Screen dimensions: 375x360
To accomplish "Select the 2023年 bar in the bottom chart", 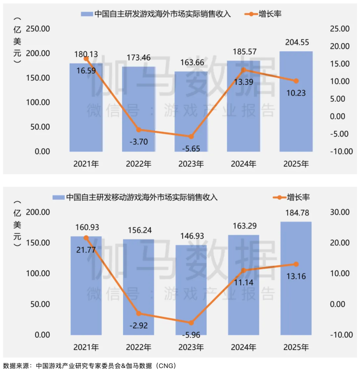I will (191, 290).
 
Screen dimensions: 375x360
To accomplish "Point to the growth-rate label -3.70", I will (138, 141).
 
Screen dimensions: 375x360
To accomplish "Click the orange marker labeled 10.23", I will (296, 81).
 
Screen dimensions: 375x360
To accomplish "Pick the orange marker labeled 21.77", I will (86, 238).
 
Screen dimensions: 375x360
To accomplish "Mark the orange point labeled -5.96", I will (191, 323).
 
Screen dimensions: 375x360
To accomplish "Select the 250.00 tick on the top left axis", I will (38, 29).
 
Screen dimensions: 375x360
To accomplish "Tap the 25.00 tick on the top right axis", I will (340, 29).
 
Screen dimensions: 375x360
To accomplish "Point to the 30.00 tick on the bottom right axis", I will (340, 212).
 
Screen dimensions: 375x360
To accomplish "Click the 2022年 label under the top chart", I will (138, 164).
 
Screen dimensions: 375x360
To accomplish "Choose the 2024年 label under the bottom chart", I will (243, 347).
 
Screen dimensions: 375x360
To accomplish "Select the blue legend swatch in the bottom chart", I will (58, 198).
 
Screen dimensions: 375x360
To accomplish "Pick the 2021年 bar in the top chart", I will (86, 107).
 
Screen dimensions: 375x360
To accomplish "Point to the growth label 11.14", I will (243, 283).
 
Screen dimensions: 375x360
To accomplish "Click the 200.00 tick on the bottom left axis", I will (38, 212).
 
